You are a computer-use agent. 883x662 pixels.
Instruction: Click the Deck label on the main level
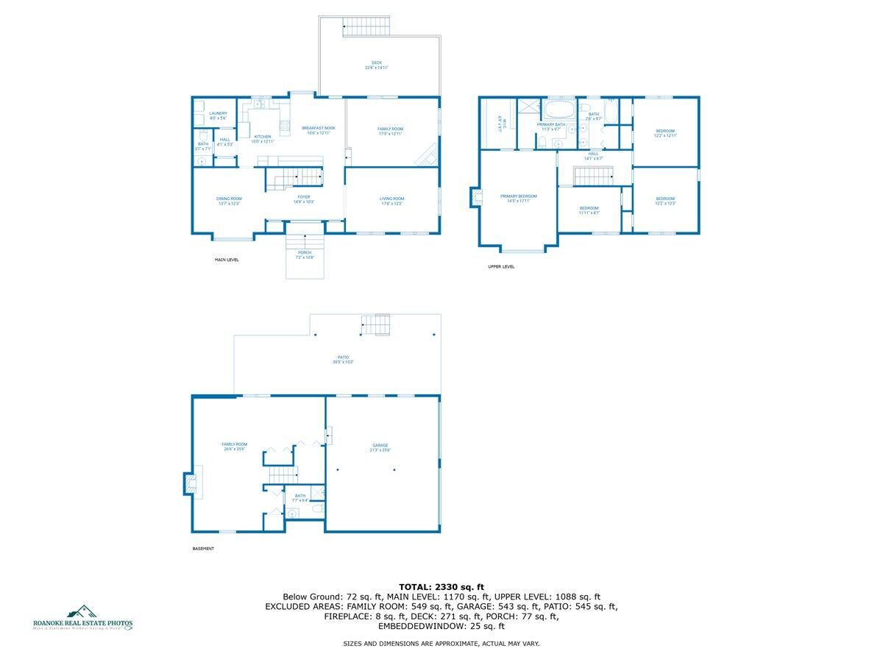pos(376,65)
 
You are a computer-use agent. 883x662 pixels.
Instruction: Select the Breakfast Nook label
pos(319,130)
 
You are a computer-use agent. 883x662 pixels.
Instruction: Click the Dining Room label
pos(229,201)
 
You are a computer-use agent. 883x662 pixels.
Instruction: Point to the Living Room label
pos(391,201)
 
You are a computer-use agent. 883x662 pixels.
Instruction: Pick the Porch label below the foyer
pos(305,255)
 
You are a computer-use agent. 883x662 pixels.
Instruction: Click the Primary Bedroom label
pos(518,199)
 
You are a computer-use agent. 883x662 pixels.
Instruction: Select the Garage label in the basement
pos(380,448)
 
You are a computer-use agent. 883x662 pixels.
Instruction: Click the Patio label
pos(338,360)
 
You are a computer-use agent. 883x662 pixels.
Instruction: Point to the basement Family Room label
pos(235,446)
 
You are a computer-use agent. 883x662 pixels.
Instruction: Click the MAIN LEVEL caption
pos(227,260)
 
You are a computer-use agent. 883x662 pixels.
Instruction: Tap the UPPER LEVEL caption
pos(501,267)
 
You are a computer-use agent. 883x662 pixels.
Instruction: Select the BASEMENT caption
pos(203,549)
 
